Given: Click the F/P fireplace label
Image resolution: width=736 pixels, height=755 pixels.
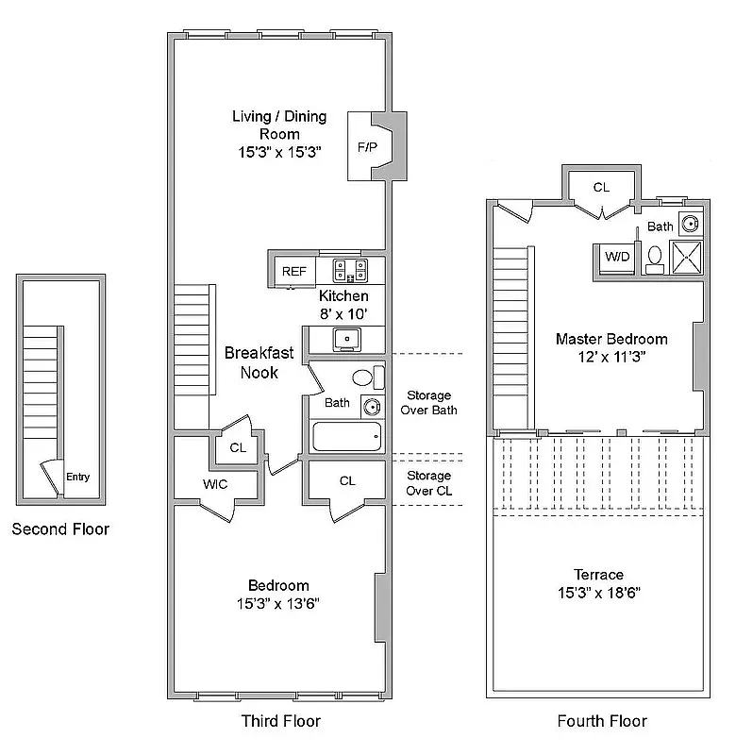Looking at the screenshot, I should pos(366,148).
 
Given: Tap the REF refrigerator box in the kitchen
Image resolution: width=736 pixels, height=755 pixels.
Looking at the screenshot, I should pos(293,272).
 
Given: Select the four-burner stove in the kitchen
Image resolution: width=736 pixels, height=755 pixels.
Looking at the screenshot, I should pos(350,272).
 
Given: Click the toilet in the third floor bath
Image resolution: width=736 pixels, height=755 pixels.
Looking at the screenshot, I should pos(364,377).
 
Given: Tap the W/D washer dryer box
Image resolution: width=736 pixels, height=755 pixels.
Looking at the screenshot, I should pos(617,256).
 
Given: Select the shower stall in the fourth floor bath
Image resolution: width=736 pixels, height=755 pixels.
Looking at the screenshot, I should pos(686,256).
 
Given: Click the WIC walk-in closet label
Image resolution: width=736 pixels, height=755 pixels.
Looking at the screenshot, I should pos(215,484).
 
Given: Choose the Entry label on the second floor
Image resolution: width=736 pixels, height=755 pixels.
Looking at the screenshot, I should pos(77,478).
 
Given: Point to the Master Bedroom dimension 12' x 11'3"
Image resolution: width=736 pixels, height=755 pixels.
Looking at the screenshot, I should pos(611,357).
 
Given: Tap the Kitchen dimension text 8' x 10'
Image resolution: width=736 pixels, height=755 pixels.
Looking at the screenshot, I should pos(343,313).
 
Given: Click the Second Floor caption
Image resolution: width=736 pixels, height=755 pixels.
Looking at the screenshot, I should pos(60,529).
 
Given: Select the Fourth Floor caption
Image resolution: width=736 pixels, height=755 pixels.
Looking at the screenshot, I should pos(602,721).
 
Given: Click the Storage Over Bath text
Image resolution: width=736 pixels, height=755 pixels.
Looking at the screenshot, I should pos(428,403).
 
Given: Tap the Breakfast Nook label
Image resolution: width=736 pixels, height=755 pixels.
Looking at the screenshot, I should pos(259,362).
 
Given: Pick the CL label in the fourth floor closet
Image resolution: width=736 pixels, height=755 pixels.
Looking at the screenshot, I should pos(601,188).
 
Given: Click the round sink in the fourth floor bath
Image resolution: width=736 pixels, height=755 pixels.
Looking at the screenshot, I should pos(691,224).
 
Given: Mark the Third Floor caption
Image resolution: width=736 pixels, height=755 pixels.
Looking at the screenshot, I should pos(281,721).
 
